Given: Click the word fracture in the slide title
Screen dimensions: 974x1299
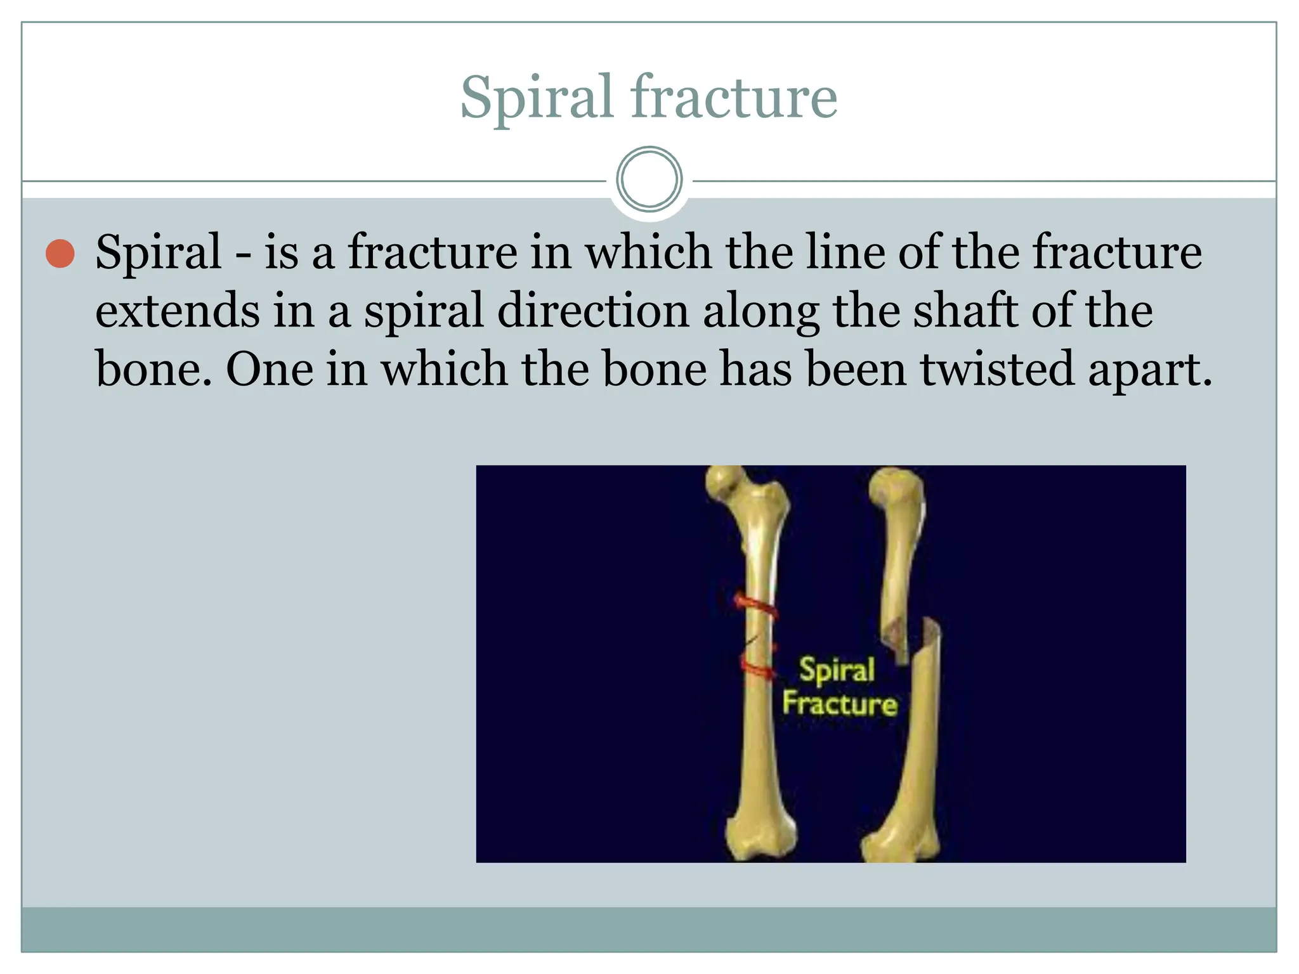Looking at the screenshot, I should pyautogui.click(x=733, y=98).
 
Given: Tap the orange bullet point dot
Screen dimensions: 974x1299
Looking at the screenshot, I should pyautogui.click(x=61, y=254).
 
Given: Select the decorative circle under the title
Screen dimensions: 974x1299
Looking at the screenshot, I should pyautogui.click(x=649, y=179).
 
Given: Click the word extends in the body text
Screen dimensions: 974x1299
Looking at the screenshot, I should pyautogui.click(x=178, y=311).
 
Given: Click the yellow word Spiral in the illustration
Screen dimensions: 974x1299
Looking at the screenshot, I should pyautogui.click(x=837, y=670).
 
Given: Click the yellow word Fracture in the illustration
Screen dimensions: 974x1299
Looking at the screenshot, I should pyautogui.click(x=839, y=704).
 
